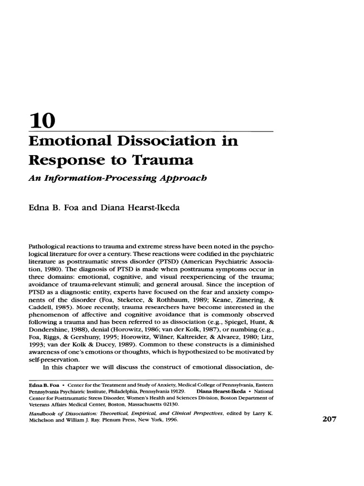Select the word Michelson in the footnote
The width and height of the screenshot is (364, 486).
pyautogui.click(x=44, y=421)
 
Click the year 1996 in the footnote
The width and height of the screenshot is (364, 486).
pyautogui.click(x=169, y=421)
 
